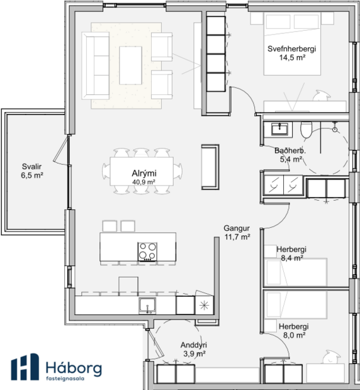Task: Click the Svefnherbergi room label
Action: [x=291, y=48]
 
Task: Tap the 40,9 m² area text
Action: [x=143, y=182]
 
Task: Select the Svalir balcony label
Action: [x=31, y=166]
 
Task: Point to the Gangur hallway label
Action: [x=237, y=228]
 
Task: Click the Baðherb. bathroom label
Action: [x=290, y=151]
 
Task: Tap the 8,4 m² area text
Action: [x=292, y=258]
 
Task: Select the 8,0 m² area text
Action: [x=293, y=335]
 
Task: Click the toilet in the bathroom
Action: [x=307, y=130]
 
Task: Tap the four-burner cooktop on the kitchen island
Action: [x=148, y=250]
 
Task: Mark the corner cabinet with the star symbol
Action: [x=204, y=305]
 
